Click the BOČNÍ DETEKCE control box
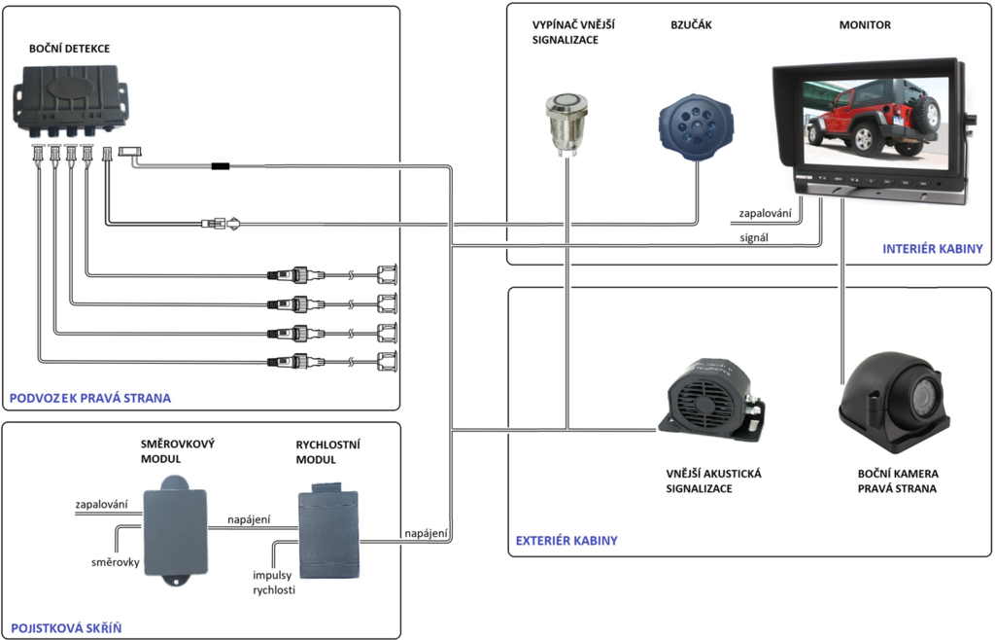pyautogui.click(x=70, y=97)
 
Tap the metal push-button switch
pyautogui.click(x=565, y=121)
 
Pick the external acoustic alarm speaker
pyautogui.click(x=714, y=399)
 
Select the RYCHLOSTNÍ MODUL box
pyautogui.click(x=327, y=529)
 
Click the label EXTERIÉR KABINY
pyautogui.click(x=566, y=540)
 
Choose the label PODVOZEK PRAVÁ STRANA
pyautogui.click(x=89, y=398)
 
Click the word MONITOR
pyautogui.click(x=865, y=25)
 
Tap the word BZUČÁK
pyautogui.click(x=691, y=25)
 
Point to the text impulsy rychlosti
pyautogui.click(x=273, y=582)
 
